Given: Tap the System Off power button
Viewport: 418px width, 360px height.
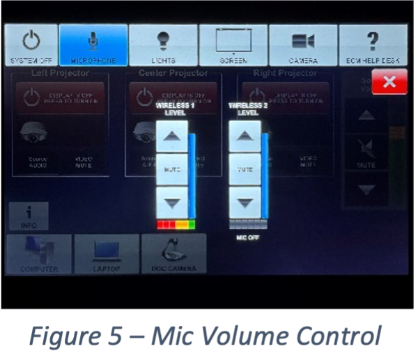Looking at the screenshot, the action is [x=31, y=45].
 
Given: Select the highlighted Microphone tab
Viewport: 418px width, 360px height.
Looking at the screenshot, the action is [x=93, y=45].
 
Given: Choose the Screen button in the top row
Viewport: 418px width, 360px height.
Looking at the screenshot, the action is [x=233, y=45].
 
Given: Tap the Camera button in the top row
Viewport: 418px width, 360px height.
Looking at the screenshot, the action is [x=303, y=45].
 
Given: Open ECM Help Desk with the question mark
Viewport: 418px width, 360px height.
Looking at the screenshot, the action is [x=373, y=45].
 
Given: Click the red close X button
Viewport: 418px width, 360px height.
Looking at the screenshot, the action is [x=389, y=82].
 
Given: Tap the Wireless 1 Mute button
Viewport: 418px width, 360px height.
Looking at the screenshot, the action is [x=172, y=169].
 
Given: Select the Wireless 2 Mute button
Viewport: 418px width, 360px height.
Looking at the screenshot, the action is [x=245, y=169].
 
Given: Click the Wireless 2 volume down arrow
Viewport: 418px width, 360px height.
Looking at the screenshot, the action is [x=245, y=203].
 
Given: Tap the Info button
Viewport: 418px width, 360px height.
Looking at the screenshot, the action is [x=28, y=217].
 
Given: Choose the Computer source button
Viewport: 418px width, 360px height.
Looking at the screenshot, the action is [x=39, y=254].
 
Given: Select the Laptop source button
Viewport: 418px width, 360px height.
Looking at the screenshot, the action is [x=107, y=254].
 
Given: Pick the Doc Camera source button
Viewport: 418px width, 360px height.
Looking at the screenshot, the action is [x=174, y=254].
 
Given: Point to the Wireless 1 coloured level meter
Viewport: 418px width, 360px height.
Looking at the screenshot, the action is [x=176, y=225].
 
